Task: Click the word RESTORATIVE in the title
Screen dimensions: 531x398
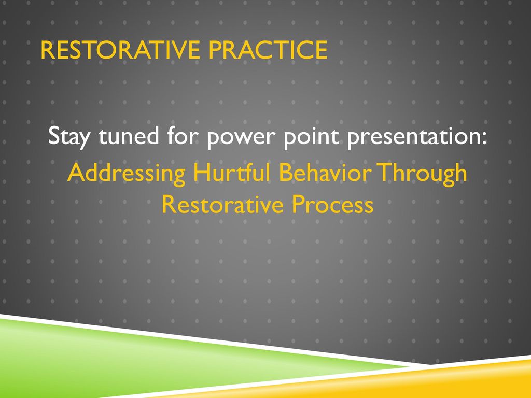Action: (120, 50)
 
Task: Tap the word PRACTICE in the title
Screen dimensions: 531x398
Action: (268, 50)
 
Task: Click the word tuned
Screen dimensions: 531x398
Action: (129, 135)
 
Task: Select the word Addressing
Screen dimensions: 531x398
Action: (127, 174)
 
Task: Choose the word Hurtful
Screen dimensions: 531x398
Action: (232, 172)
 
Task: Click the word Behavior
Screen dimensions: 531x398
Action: (325, 172)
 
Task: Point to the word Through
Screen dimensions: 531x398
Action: (422, 174)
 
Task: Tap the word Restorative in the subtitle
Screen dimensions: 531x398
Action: (222, 204)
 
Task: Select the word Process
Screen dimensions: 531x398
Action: (332, 204)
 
